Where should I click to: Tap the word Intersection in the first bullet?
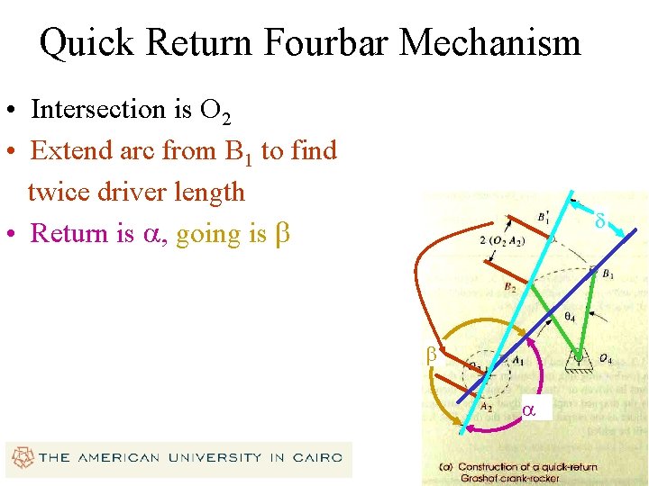(x=106, y=109)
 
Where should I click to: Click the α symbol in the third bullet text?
(x=151, y=234)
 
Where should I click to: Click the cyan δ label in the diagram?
(x=599, y=219)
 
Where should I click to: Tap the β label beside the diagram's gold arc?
(x=431, y=354)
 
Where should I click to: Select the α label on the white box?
(x=529, y=409)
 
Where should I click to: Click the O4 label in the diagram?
(x=606, y=360)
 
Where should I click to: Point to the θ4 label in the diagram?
(x=569, y=317)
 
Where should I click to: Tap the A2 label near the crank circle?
(x=486, y=406)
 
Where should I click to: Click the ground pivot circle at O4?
(x=578, y=357)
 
